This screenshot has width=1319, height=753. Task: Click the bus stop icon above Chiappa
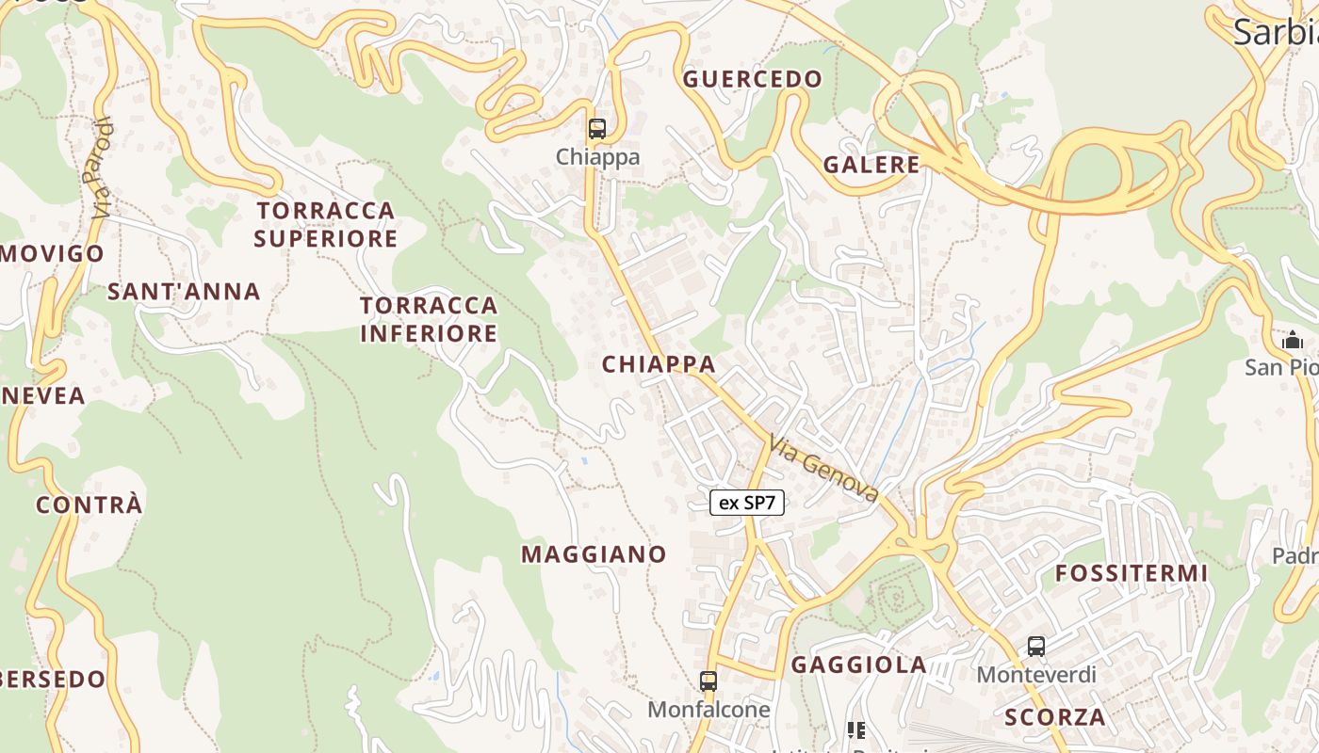[596, 129]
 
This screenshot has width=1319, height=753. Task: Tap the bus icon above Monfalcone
[708, 681]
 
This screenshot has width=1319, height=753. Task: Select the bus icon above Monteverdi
[1036, 647]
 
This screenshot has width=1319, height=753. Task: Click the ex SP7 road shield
[747, 503]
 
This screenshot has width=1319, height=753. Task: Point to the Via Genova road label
[823, 469]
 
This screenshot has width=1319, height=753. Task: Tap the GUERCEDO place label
[753, 79]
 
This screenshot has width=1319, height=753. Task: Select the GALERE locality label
[871, 165]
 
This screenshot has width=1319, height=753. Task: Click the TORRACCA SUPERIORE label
[326, 224]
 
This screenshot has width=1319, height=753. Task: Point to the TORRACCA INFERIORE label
[429, 319]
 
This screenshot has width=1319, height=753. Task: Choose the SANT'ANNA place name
[184, 292]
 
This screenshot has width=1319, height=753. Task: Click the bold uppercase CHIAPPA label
[659, 364]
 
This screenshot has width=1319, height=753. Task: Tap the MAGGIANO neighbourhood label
[594, 554]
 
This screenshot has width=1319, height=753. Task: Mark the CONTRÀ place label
[90, 505]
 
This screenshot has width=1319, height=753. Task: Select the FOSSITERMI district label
[1132, 573]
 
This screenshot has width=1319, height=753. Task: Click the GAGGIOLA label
[859, 665]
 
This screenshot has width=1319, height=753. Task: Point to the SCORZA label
[1055, 717]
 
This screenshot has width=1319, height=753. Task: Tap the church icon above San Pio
[1293, 339]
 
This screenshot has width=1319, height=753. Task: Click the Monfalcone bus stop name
[708, 709]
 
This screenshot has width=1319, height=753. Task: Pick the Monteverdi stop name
[1036, 675]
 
